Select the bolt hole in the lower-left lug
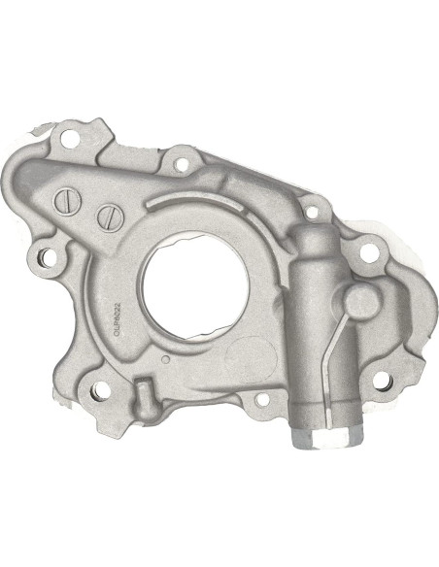tap(99, 392)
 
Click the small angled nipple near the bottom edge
tap(144, 394)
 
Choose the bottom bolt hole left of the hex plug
tap(260, 400)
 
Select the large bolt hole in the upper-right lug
tap(368, 252)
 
